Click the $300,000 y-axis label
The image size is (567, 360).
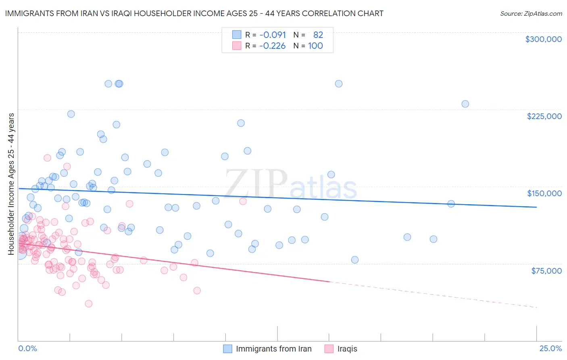pyautogui.click(x=543, y=39)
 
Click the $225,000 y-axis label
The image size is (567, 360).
pyautogui.click(x=544, y=116)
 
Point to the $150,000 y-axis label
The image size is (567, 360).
pyautogui.click(x=544, y=193)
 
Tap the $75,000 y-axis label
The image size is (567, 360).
pyautogui.click(x=546, y=270)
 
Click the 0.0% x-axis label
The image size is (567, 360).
pyautogui.click(x=27, y=348)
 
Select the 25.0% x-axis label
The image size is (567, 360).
pyautogui.click(x=550, y=348)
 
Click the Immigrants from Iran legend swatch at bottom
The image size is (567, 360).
pyautogui.click(x=227, y=349)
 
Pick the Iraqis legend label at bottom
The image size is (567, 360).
pyautogui.click(x=347, y=349)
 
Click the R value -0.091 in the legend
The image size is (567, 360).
pyautogui.click(x=273, y=35)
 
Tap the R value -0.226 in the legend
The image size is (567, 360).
pyautogui.click(x=273, y=46)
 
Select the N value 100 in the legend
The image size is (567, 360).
pyautogui.click(x=315, y=46)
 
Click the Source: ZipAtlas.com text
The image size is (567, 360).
pyautogui.click(x=531, y=13)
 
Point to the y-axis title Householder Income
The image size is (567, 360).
pyautogui.click(x=11, y=184)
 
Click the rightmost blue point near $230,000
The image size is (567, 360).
pyautogui.click(x=465, y=104)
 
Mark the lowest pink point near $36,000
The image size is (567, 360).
pyautogui.click(x=89, y=303)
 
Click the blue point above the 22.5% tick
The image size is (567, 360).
pyautogui.click(x=433, y=239)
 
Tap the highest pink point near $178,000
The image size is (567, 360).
pyautogui.click(x=47, y=158)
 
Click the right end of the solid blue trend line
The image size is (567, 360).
pyautogui.click(x=536, y=207)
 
